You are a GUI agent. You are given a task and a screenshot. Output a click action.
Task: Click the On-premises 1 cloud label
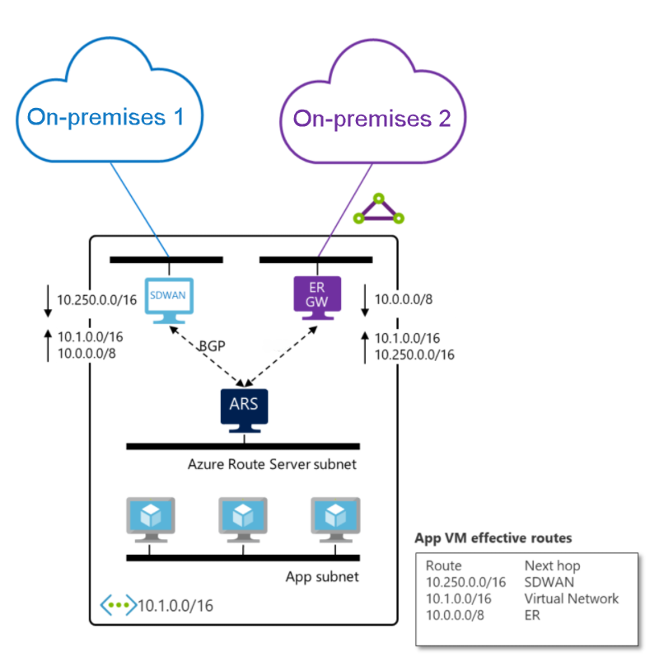(x=105, y=117)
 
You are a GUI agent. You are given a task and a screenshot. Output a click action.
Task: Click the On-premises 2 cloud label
(x=372, y=119)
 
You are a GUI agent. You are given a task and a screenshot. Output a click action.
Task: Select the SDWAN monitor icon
(x=169, y=298)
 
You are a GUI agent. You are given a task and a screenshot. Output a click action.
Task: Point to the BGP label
(x=213, y=346)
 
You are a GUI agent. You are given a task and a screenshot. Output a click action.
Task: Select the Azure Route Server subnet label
(x=272, y=465)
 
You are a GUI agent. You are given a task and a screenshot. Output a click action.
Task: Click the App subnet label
(x=321, y=576)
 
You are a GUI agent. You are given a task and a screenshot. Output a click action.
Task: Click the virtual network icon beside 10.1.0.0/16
(x=117, y=605)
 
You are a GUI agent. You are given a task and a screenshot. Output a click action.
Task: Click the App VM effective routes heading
(x=493, y=538)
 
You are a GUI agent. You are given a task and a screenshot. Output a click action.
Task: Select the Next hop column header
(x=552, y=565)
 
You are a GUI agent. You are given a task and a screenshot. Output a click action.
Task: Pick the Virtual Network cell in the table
(x=571, y=598)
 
